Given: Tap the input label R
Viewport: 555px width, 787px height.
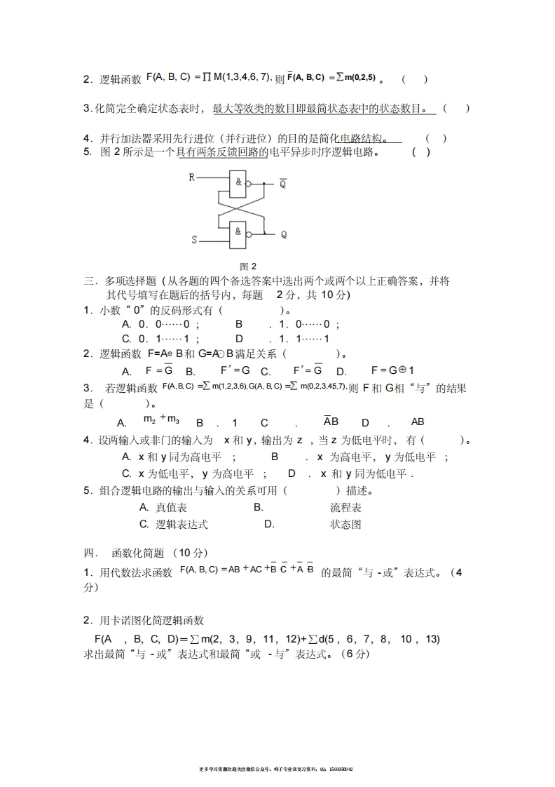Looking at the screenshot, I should [191, 177].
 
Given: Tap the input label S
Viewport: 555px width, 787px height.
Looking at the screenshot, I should [194, 240].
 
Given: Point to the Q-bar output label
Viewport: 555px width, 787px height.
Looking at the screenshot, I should [283, 184].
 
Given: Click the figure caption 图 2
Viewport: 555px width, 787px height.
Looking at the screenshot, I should [248, 267].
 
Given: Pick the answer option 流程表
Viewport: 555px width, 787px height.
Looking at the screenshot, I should [345, 507].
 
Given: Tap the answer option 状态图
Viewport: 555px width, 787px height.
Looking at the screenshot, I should [345, 524].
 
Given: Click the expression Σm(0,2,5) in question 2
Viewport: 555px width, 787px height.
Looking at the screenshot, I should [357, 77].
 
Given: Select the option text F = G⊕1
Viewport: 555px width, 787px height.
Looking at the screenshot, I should [392, 370].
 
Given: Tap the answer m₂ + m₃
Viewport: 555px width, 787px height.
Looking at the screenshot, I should [161, 420].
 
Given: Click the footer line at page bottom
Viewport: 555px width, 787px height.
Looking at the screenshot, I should [277, 769].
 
